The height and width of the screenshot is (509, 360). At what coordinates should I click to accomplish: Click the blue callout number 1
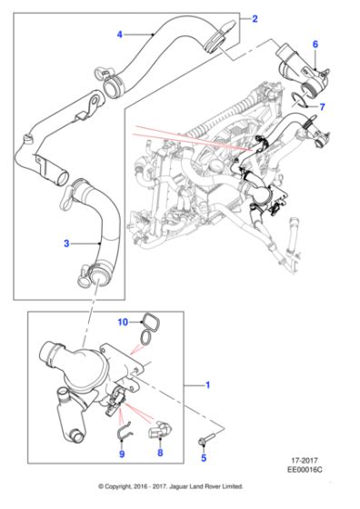(208, 385)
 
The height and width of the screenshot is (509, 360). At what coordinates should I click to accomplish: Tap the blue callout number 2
(255, 19)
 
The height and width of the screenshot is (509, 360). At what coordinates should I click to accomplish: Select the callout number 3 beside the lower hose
(66, 244)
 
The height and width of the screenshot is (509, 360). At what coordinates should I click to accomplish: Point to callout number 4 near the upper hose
(120, 35)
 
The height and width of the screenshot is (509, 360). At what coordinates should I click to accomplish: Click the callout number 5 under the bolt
(204, 458)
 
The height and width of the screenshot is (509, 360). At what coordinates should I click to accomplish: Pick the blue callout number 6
(315, 45)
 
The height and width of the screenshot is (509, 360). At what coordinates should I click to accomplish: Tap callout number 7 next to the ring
(322, 107)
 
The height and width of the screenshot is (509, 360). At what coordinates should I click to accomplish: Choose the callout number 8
(160, 453)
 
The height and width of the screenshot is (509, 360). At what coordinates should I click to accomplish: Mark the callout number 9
(122, 454)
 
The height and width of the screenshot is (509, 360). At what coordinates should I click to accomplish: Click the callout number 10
(123, 322)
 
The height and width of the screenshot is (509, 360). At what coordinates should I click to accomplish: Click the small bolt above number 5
(206, 438)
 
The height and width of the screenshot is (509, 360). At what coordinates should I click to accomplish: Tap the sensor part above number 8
(160, 431)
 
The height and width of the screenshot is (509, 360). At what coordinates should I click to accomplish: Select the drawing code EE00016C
(305, 469)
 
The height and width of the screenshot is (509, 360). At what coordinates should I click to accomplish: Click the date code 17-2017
(305, 460)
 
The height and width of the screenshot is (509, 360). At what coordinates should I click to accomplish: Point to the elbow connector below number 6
(304, 71)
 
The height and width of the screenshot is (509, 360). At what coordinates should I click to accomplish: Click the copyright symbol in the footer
(101, 486)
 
